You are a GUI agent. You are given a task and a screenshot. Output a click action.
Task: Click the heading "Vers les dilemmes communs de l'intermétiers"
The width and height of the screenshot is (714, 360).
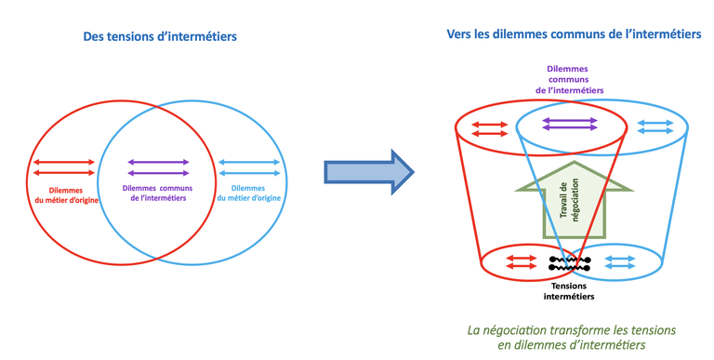click(573, 33)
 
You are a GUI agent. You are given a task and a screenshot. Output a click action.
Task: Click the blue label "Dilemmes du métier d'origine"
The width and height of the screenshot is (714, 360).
click(248, 193)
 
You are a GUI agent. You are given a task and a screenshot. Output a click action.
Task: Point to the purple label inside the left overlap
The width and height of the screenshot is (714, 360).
click(158, 193)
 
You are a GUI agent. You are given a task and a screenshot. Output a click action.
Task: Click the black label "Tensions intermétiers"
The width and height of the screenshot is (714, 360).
click(569, 290)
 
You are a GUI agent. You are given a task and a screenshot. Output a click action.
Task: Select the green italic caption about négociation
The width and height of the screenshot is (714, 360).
click(571, 338)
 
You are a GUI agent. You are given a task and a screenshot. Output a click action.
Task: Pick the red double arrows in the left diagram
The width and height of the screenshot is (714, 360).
click(64, 167)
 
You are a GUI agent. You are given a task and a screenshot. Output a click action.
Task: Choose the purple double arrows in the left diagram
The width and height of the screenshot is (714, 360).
click(158, 167)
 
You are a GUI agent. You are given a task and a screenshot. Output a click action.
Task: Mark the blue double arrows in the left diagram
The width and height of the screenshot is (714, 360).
click(248, 167)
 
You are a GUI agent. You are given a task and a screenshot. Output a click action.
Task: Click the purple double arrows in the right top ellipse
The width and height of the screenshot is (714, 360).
click(571, 125)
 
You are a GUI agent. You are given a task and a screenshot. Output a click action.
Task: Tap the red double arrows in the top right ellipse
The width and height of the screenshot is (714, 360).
click(489, 128)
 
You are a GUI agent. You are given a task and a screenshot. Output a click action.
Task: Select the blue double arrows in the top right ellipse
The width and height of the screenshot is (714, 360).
click(656, 128)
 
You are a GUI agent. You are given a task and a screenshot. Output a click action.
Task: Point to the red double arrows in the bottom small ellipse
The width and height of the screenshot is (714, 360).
click(519, 261)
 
